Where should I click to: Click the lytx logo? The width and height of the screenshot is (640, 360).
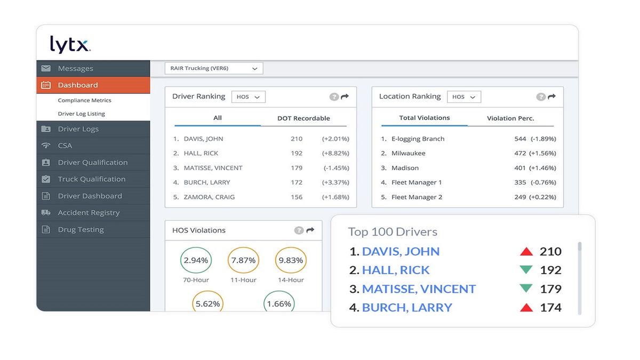70,44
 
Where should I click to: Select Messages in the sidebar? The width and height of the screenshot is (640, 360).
75,68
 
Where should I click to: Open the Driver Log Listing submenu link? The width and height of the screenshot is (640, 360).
81,114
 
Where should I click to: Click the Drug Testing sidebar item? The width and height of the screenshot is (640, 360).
81,229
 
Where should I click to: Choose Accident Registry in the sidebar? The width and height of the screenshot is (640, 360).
89,212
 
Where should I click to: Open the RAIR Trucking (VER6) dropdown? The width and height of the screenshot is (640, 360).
214,68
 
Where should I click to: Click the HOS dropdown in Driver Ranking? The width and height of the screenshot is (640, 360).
248,97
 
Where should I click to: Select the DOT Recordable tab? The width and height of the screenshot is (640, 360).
303,118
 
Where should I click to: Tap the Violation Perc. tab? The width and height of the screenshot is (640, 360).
510,118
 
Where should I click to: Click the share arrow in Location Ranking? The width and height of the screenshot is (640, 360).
551,97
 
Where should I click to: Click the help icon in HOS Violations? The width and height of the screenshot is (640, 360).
299,230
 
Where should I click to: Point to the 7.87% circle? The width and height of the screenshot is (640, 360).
243,261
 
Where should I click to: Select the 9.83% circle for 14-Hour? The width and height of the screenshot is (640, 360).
291,261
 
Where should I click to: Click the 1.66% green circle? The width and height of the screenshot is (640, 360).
279,303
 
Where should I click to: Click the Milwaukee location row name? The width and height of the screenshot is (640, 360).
408,153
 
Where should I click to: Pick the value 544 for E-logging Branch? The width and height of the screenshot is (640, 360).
520,139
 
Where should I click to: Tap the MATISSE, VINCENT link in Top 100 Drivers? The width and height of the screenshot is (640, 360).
419,289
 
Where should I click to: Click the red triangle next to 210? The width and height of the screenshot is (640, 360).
526,252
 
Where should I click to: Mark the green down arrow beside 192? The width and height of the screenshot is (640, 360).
526,270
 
